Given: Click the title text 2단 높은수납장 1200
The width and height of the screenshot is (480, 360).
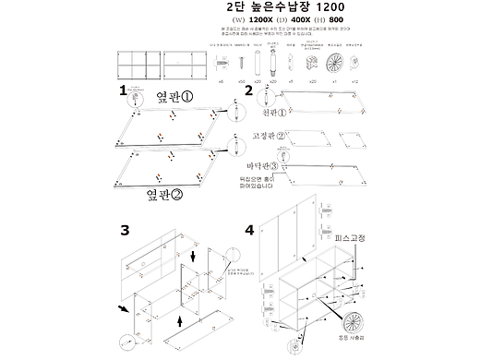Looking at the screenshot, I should coord(286,7).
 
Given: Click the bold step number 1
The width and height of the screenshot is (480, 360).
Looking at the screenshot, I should coord(123,91).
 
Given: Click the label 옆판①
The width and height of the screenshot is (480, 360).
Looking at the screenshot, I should coord(174,96).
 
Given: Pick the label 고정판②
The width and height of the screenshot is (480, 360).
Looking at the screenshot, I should coord(269,137).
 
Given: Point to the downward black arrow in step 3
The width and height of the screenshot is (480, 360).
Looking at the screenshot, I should coord(192,255).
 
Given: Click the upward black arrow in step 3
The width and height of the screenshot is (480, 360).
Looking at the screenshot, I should coord(179,320).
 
